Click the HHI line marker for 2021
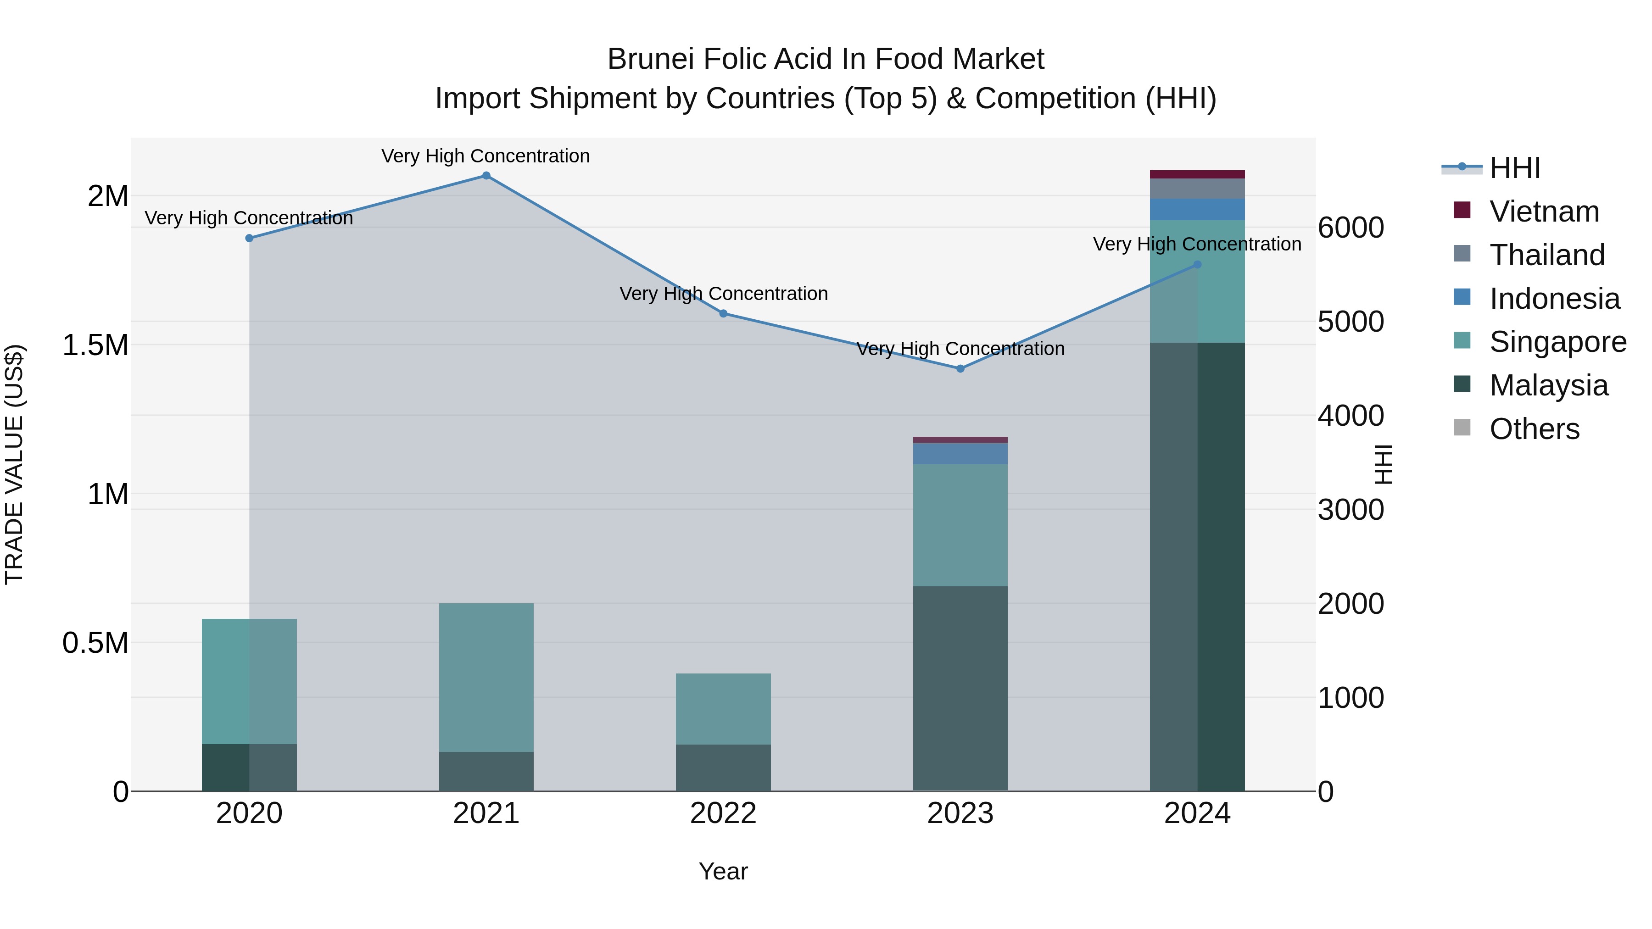point(486,176)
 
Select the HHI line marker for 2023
point(960,369)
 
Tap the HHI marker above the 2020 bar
point(250,238)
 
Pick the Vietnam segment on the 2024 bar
point(1197,174)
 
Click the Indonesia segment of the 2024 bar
point(1197,210)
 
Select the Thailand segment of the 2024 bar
point(1197,189)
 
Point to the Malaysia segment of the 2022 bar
point(723,768)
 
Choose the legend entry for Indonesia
point(1554,299)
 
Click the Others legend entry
point(1534,429)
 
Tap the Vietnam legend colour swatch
point(1462,210)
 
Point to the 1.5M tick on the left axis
point(95,345)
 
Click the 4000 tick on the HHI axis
point(1351,416)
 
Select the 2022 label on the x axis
point(723,813)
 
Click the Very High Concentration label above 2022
point(723,294)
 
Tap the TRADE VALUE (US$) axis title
point(14,464)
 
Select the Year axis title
point(723,871)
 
